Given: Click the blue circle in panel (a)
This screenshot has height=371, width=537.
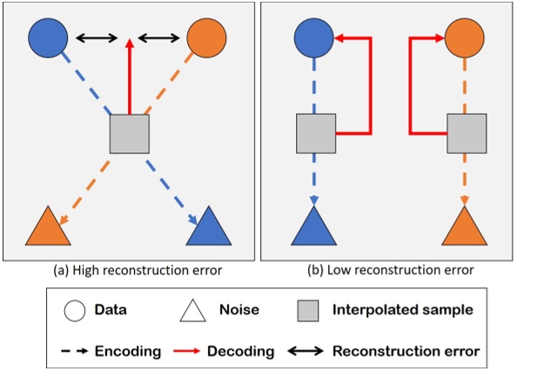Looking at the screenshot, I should [x=49, y=37].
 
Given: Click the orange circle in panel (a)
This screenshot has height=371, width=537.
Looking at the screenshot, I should [x=207, y=37].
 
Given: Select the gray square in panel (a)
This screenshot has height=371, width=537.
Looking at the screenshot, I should [x=129, y=135].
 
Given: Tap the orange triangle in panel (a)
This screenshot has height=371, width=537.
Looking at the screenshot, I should [x=48, y=228].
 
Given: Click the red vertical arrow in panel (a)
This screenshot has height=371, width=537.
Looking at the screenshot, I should [x=129, y=78].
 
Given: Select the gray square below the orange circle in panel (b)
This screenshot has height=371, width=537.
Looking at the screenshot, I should [x=465, y=133].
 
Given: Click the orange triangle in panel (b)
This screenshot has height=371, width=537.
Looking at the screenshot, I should [x=465, y=228].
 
